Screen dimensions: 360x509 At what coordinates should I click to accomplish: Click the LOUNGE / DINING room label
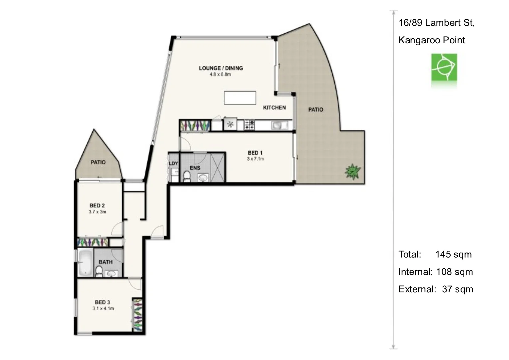click(221, 68)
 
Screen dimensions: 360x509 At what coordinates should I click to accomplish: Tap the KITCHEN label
click(274, 108)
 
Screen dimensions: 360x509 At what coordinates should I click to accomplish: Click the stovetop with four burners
click(249, 125)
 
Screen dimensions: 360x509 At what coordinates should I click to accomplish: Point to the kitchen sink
click(279, 125)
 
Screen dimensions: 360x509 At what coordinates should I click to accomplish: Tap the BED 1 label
click(255, 153)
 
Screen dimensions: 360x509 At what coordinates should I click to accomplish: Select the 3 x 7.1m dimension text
click(255, 159)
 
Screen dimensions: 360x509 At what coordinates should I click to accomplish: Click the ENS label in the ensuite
click(195, 168)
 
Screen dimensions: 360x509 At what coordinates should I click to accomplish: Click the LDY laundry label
click(173, 163)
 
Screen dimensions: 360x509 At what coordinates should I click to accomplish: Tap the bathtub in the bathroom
click(85, 263)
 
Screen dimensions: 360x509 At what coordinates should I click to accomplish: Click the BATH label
click(105, 262)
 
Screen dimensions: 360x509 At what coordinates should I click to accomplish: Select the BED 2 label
click(97, 206)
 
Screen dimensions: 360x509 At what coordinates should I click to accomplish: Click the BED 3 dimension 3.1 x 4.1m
click(103, 309)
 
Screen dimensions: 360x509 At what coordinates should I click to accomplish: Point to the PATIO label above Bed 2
click(98, 162)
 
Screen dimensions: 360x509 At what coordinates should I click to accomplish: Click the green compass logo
click(444, 67)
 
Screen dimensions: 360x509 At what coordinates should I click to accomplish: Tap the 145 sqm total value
click(453, 254)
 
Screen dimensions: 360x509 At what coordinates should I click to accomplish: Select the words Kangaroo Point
click(431, 40)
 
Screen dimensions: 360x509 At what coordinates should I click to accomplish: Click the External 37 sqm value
click(457, 289)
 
